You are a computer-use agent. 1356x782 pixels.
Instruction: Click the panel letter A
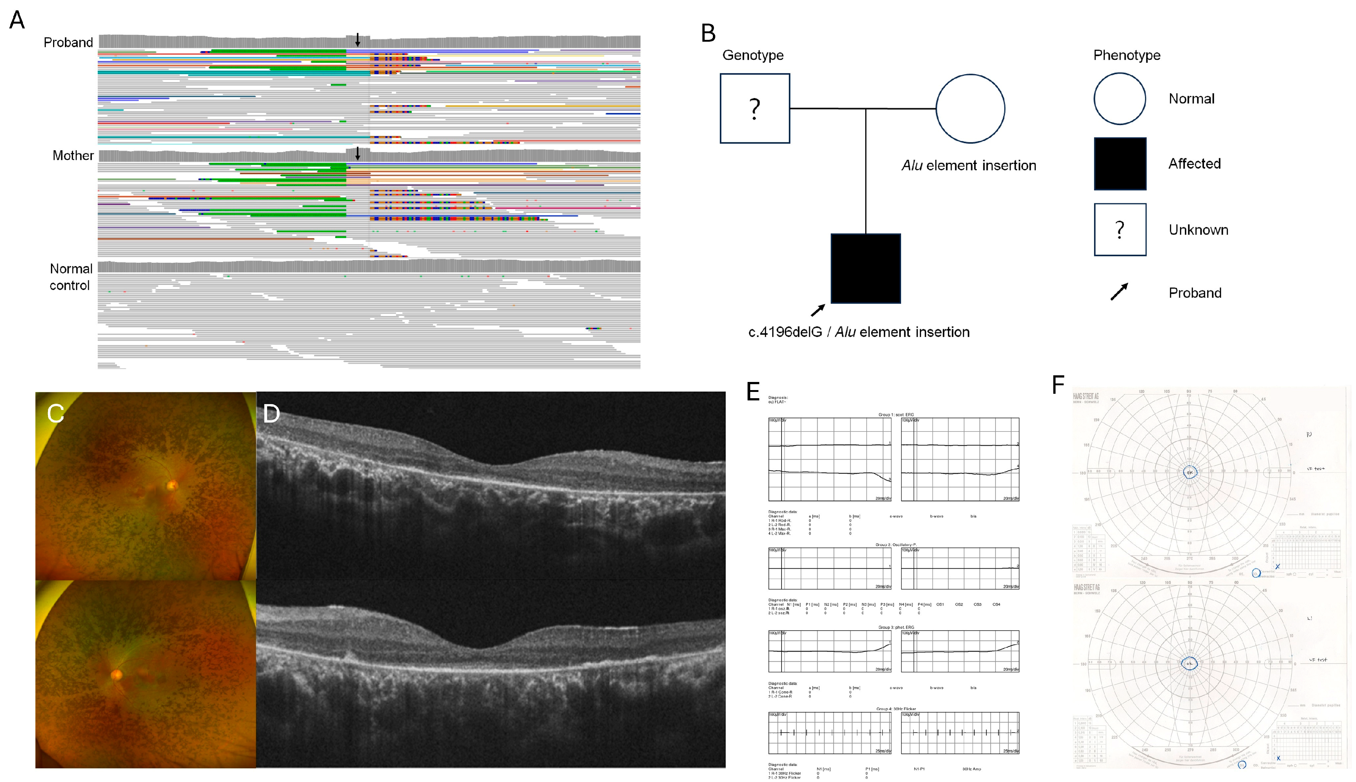(17, 20)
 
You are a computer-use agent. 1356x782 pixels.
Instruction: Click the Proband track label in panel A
(68, 42)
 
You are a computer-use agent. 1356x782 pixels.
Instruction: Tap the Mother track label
(73, 156)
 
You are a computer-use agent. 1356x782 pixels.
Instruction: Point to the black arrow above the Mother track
(358, 154)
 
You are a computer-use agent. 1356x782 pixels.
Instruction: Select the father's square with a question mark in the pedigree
(755, 108)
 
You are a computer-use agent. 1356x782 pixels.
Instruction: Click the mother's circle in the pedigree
(970, 108)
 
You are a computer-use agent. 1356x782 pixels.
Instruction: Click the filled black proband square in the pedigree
(865, 269)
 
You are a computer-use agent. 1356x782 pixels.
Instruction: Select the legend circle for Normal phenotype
(1120, 99)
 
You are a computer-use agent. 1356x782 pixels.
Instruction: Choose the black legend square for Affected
(1120, 164)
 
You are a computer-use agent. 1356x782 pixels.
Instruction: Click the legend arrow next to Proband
(1119, 292)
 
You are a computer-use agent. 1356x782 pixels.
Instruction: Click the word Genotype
(753, 55)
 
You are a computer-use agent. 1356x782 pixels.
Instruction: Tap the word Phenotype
(1127, 55)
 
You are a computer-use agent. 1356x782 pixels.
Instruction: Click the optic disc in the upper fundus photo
(172, 486)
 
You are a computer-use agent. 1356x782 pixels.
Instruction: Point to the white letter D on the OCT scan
(272, 414)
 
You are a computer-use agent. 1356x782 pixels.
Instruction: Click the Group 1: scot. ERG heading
(896, 415)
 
